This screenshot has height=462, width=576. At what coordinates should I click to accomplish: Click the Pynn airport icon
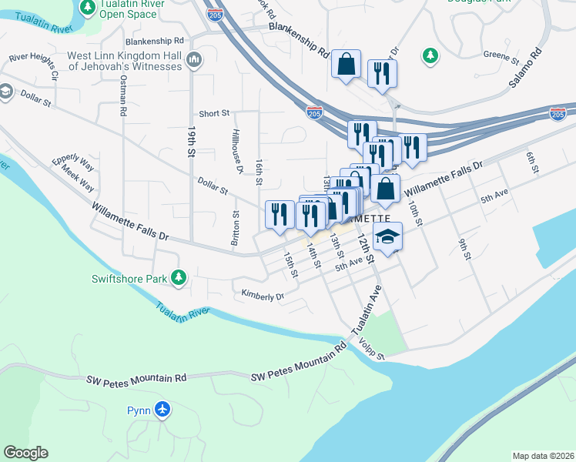[162, 409]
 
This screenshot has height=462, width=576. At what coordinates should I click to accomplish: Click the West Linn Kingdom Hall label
[125, 61]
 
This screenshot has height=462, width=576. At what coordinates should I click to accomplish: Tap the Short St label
[214, 113]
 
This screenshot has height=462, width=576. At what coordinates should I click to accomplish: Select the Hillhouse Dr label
[239, 150]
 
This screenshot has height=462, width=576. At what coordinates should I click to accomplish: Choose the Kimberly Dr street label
[263, 294]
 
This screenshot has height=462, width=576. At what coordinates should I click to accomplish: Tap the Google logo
[25, 453]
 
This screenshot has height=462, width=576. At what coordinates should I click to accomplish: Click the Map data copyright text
[543, 456]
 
